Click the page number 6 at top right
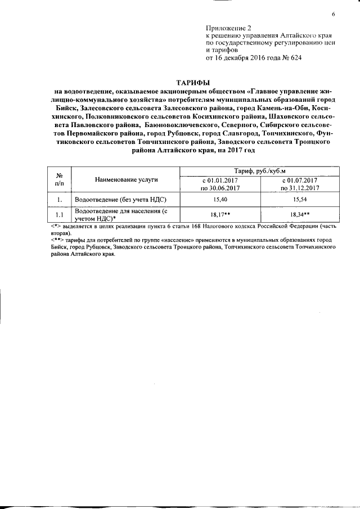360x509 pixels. tap(333, 14)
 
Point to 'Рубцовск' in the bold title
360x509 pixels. tap(192, 134)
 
